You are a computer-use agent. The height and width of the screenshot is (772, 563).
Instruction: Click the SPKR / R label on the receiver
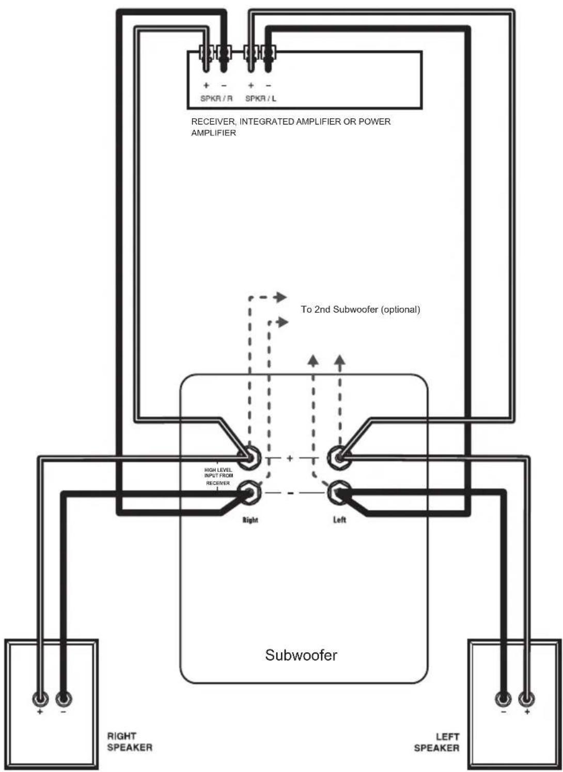click(x=216, y=99)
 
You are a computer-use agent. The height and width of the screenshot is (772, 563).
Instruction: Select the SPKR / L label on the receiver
click(x=261, y=99)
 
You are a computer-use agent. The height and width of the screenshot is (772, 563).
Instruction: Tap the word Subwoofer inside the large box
click(x=301, y=654)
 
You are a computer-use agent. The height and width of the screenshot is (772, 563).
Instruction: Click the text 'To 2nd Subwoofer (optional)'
click(x=361, y=309)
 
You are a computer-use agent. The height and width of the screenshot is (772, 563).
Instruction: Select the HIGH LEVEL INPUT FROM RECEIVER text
click(x=218, y=476)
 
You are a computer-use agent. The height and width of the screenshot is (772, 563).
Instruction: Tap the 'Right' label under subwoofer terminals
click(x=251, y=519)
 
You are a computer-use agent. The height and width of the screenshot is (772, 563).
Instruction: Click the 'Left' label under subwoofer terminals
click(x=339, y=519)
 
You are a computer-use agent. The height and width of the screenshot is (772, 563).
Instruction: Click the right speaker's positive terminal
click(x=40, y=699)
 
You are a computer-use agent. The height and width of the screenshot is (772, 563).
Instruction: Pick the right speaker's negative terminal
click(x=63, y=699)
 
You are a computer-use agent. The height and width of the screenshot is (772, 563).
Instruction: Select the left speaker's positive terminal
click(x=526, y=699)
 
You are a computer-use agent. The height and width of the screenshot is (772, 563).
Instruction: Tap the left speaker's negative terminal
click(x=504, y=699)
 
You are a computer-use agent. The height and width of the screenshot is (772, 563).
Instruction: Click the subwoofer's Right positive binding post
click(x=249, y=458)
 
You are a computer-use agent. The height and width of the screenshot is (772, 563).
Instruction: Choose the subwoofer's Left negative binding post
click(x=339, y=492)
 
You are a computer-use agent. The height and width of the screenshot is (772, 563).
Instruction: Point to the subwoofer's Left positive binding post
click(x=339, y=458)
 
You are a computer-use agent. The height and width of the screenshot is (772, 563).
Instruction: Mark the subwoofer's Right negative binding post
click(x=249, y=492)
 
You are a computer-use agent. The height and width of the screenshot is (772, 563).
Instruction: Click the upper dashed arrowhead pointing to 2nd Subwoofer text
click(x=281, y=297)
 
